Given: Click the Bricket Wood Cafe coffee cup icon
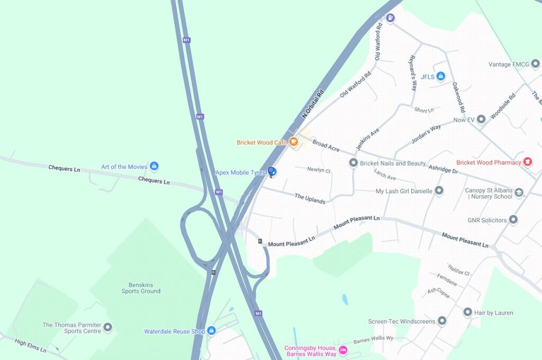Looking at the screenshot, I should (x=293, y=142).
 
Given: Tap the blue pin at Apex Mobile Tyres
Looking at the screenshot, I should (x=272, y=172).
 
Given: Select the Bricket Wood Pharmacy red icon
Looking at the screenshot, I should (x=527, y=162).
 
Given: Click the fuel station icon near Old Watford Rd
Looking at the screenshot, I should (x=391, y=17).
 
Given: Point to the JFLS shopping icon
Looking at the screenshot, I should (x=440, y=77).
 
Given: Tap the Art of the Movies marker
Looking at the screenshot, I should (x=154, y=167).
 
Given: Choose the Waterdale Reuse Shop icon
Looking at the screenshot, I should (x=211, y=331).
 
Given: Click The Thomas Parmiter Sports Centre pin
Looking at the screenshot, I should (x=108, y=327).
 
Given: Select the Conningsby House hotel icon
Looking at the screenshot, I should (x=342, y=350).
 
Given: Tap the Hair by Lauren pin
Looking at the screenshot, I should (x=467, y=312).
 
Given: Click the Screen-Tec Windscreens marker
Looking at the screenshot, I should (x=442, y=321).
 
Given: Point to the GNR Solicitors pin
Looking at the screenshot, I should (x=513, y=220).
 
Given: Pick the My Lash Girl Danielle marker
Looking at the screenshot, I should (x=439, y=191).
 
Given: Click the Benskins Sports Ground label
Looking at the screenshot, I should (x=141, y=287).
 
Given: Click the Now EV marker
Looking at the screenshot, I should (x=481, y=120).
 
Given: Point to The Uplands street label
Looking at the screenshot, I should (x=310, y=199).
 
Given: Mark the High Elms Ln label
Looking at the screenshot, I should (x=31, y=346).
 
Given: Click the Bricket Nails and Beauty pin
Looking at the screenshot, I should (x=354, y=163).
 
